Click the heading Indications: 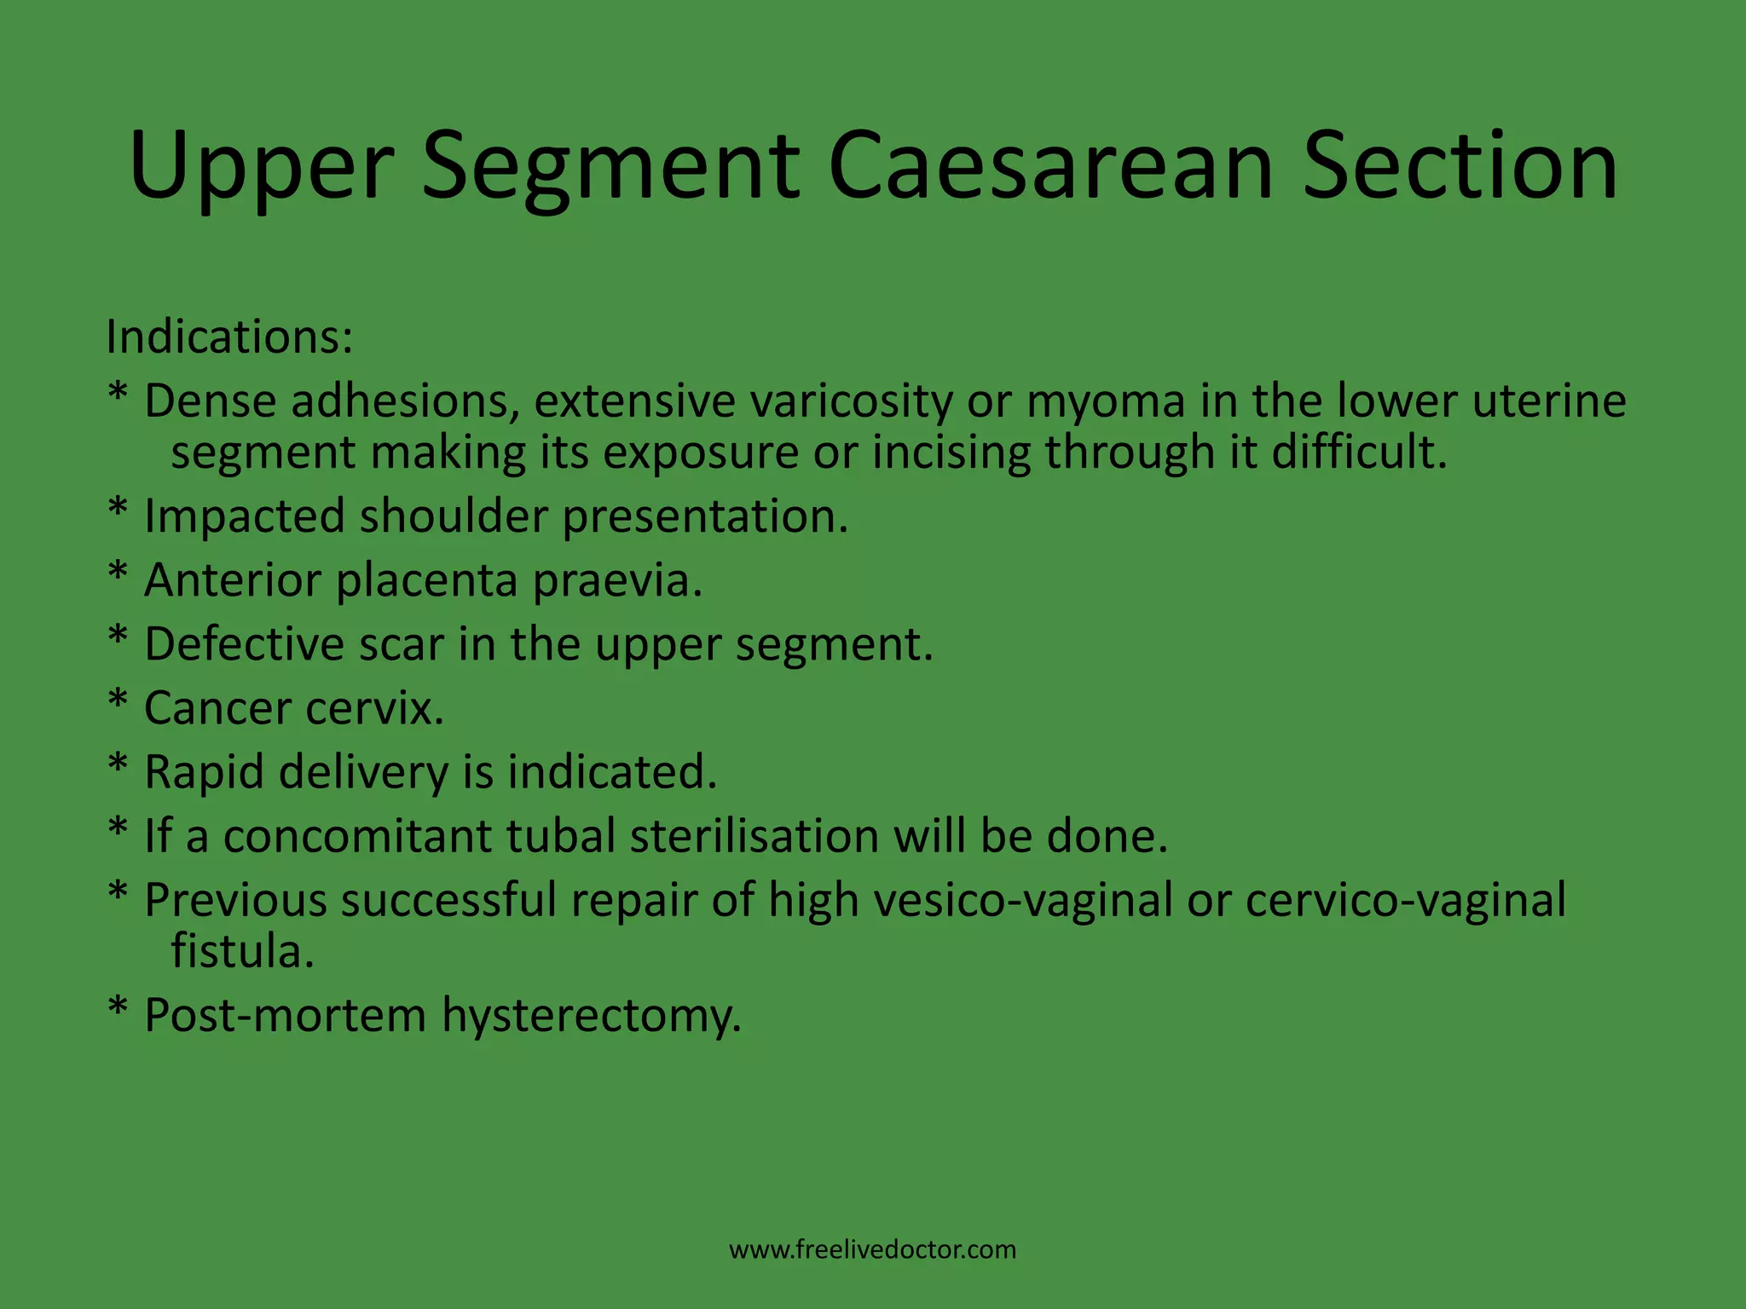(x=229, y=337)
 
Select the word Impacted (x=244, y=517)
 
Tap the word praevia (x=617, y=580)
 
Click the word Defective (x=244, y=644)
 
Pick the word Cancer (x=217, y=708)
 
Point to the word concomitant (x=357, y=836)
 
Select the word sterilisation (x=754, y=836)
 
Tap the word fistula (x=242, y=951)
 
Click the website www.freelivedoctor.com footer (x=872, y=1250)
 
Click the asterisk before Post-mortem (x=119, y=1009)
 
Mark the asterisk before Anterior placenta (x=119, y=574)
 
